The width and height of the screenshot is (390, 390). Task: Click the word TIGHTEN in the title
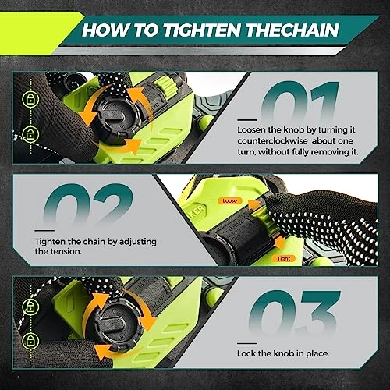click(200, 30)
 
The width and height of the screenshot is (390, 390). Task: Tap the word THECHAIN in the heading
click(292, 30)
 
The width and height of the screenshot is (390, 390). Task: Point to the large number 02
click(88, 204)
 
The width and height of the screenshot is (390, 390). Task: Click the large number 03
click(294, 313)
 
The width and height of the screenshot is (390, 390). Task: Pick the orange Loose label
click(229, 200)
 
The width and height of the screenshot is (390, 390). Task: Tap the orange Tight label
click(283, 258)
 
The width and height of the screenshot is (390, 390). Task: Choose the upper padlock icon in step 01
click(30, 99)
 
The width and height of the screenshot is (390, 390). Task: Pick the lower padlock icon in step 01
click(30, 133)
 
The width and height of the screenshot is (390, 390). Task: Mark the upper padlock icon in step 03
click(30, 307)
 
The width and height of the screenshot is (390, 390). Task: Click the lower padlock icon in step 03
click(30, 340)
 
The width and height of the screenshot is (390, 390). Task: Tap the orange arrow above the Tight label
click(280, 242)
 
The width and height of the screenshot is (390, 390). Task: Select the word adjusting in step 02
click(138, 242)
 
